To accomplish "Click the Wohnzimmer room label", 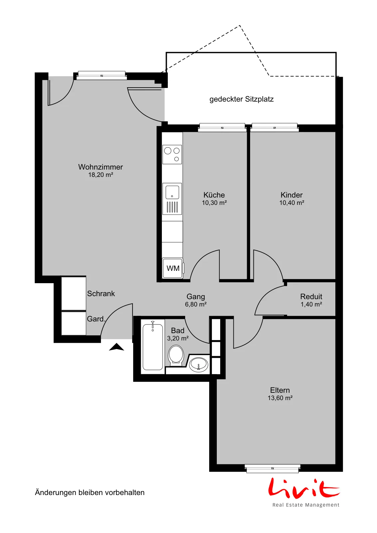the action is (x=100, y=167).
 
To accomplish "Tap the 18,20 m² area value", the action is (x=100, y=175).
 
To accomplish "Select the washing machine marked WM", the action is (x=173, y=268).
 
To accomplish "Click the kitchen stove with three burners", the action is (x=172, y=155).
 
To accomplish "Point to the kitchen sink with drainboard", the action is (x=172, y=199).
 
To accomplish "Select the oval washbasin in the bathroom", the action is (x=198, y=365).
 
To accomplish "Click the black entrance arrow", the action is (x=116, y=347).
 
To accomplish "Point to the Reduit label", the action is (x=311, y=296).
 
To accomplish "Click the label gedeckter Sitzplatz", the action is (x=241, y=99).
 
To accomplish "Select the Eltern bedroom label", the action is (x=280, y=390).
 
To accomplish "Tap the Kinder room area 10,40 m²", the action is (x=292, y=203).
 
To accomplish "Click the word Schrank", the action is (x=101, y=293).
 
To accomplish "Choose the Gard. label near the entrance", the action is (x=96, y=319).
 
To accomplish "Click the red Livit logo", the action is (x=304, y=488).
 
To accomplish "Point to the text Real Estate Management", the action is (x=306, y=505).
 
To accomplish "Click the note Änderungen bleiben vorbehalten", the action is (x=90, y=492).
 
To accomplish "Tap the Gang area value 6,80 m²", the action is (x=195, y=304).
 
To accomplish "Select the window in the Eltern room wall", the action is (x=272, y=468).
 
